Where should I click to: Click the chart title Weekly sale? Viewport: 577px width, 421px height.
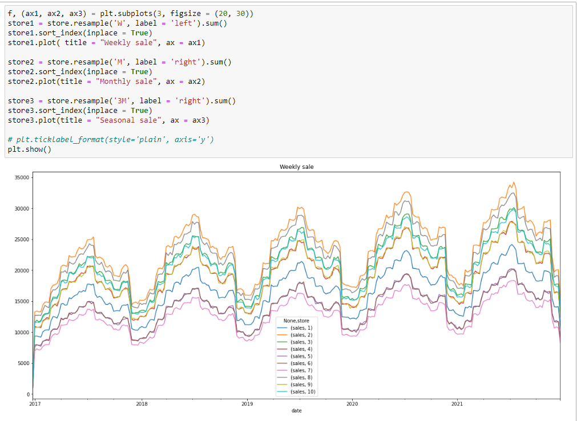tap(296, 167)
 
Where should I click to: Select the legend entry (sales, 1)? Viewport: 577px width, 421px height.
tap(301, 328)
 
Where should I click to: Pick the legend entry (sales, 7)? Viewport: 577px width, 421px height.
tap(301, 370)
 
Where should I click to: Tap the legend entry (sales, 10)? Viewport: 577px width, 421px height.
tap(302, 392)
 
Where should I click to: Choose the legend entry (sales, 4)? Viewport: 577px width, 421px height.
tap(301, 349)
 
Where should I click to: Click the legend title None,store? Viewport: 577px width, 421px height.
tap(296, 321)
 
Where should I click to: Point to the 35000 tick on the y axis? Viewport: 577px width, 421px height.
tap(21, 178)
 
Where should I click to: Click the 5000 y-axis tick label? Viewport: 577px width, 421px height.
tap(23, 363)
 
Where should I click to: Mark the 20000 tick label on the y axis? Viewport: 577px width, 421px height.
tap(21, 270)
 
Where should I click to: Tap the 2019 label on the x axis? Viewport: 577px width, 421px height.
tap(247, 404)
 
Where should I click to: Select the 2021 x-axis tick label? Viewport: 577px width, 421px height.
tap(457, 404)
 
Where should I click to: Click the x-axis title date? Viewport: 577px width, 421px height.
tap(296, 411)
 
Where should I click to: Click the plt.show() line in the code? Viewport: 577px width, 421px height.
tap(30, 149)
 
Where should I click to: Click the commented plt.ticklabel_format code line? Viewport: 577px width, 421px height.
tap(111, 140)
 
